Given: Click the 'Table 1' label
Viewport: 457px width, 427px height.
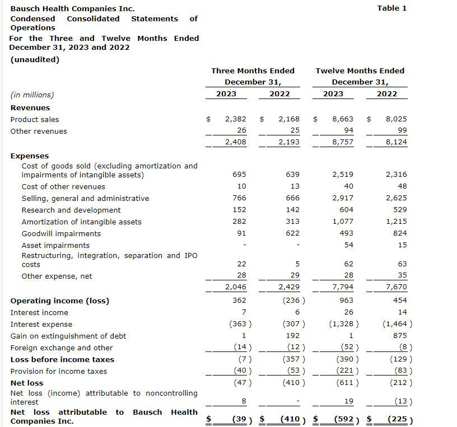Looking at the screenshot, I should [x=392, y=8].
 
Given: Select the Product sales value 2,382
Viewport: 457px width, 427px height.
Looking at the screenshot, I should [x=235, y=119].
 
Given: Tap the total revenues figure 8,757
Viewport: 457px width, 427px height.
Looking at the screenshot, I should [x=343, y=142].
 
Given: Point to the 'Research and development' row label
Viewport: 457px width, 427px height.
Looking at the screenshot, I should [x=71, y=210].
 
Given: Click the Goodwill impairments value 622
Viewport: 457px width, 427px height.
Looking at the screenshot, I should [x=292, y=233].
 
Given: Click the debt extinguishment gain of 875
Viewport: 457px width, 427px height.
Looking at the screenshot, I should [x=400, y=336].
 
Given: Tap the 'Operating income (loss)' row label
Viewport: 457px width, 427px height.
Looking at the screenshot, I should [x=60, y=301].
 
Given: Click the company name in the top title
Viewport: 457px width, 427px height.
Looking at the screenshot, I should [x=72, y=9].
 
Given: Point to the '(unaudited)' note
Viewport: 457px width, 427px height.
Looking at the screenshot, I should [x=35, y=59].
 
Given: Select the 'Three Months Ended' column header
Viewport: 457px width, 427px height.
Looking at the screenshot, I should [x=253, y=71].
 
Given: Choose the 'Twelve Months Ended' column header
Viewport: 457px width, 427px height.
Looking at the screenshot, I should [x=360, y=71].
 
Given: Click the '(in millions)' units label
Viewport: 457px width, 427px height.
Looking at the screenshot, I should [x=32, y=95].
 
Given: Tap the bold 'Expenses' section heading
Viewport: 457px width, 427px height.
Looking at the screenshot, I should [x=30, y=156].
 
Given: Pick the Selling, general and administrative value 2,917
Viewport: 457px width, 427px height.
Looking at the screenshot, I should [x=343, y=198].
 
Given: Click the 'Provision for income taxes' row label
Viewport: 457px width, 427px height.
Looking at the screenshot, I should [x=59, y=371].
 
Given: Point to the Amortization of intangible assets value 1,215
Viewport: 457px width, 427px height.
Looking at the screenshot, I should [x=397, y=222].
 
